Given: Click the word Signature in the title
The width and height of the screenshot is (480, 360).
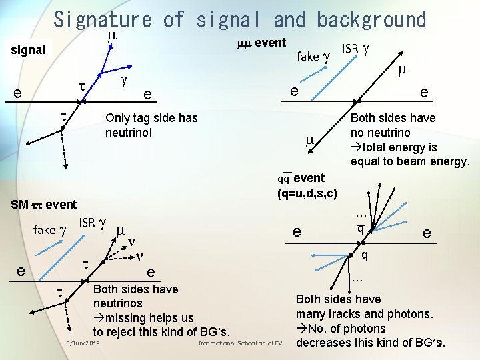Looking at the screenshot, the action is (103, 19).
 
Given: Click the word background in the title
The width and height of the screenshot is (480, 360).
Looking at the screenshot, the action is (371, 19).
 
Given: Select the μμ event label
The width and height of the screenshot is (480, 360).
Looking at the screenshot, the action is (261, 43).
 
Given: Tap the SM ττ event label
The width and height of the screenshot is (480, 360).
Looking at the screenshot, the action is (44, 204).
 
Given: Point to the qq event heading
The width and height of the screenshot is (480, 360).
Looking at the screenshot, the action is (301, 178).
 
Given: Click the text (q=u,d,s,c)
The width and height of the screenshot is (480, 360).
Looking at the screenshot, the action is (307, 193).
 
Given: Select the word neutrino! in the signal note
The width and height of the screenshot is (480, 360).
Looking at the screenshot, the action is (129, 133).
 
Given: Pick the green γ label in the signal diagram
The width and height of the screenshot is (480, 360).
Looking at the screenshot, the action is (123, 81).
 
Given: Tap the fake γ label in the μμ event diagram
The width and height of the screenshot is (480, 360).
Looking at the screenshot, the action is (313, 56).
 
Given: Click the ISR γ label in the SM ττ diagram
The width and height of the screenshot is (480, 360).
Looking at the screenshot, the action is (93, 223).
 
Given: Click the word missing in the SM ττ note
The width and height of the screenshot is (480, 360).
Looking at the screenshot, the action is (126, 318).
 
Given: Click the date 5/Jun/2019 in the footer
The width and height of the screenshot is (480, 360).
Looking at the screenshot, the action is (83, 343).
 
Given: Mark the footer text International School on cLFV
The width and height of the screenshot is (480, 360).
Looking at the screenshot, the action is (241, 343).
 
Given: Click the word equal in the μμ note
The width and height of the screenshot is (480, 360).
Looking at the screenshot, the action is (366, 161).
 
